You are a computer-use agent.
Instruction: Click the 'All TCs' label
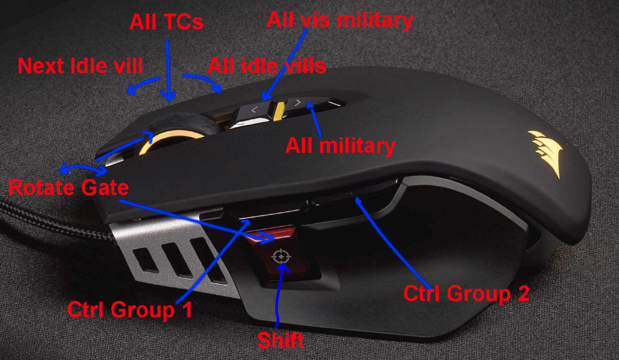(x=166, y=22)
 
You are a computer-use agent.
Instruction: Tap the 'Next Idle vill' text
(x=80, y=66)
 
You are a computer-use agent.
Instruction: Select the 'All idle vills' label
(x=267, y=66)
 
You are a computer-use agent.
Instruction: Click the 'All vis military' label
(x=340, y=21)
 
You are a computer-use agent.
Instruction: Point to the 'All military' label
(x=340, y=146)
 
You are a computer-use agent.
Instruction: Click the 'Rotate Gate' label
(x=69, y=187)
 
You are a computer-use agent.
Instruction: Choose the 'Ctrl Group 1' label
(x=130, y=310)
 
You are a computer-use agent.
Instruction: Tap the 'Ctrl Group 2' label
(x=467, y=293)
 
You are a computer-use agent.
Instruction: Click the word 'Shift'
(x=281, y=340)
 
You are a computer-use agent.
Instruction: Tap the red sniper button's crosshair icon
(x=281, y=257)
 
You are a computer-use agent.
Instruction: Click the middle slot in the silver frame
(x=177, y=260)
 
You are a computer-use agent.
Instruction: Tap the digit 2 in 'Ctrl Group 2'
(x=524, y=293)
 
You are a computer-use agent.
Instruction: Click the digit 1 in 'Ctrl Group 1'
(x=188, y=309)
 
